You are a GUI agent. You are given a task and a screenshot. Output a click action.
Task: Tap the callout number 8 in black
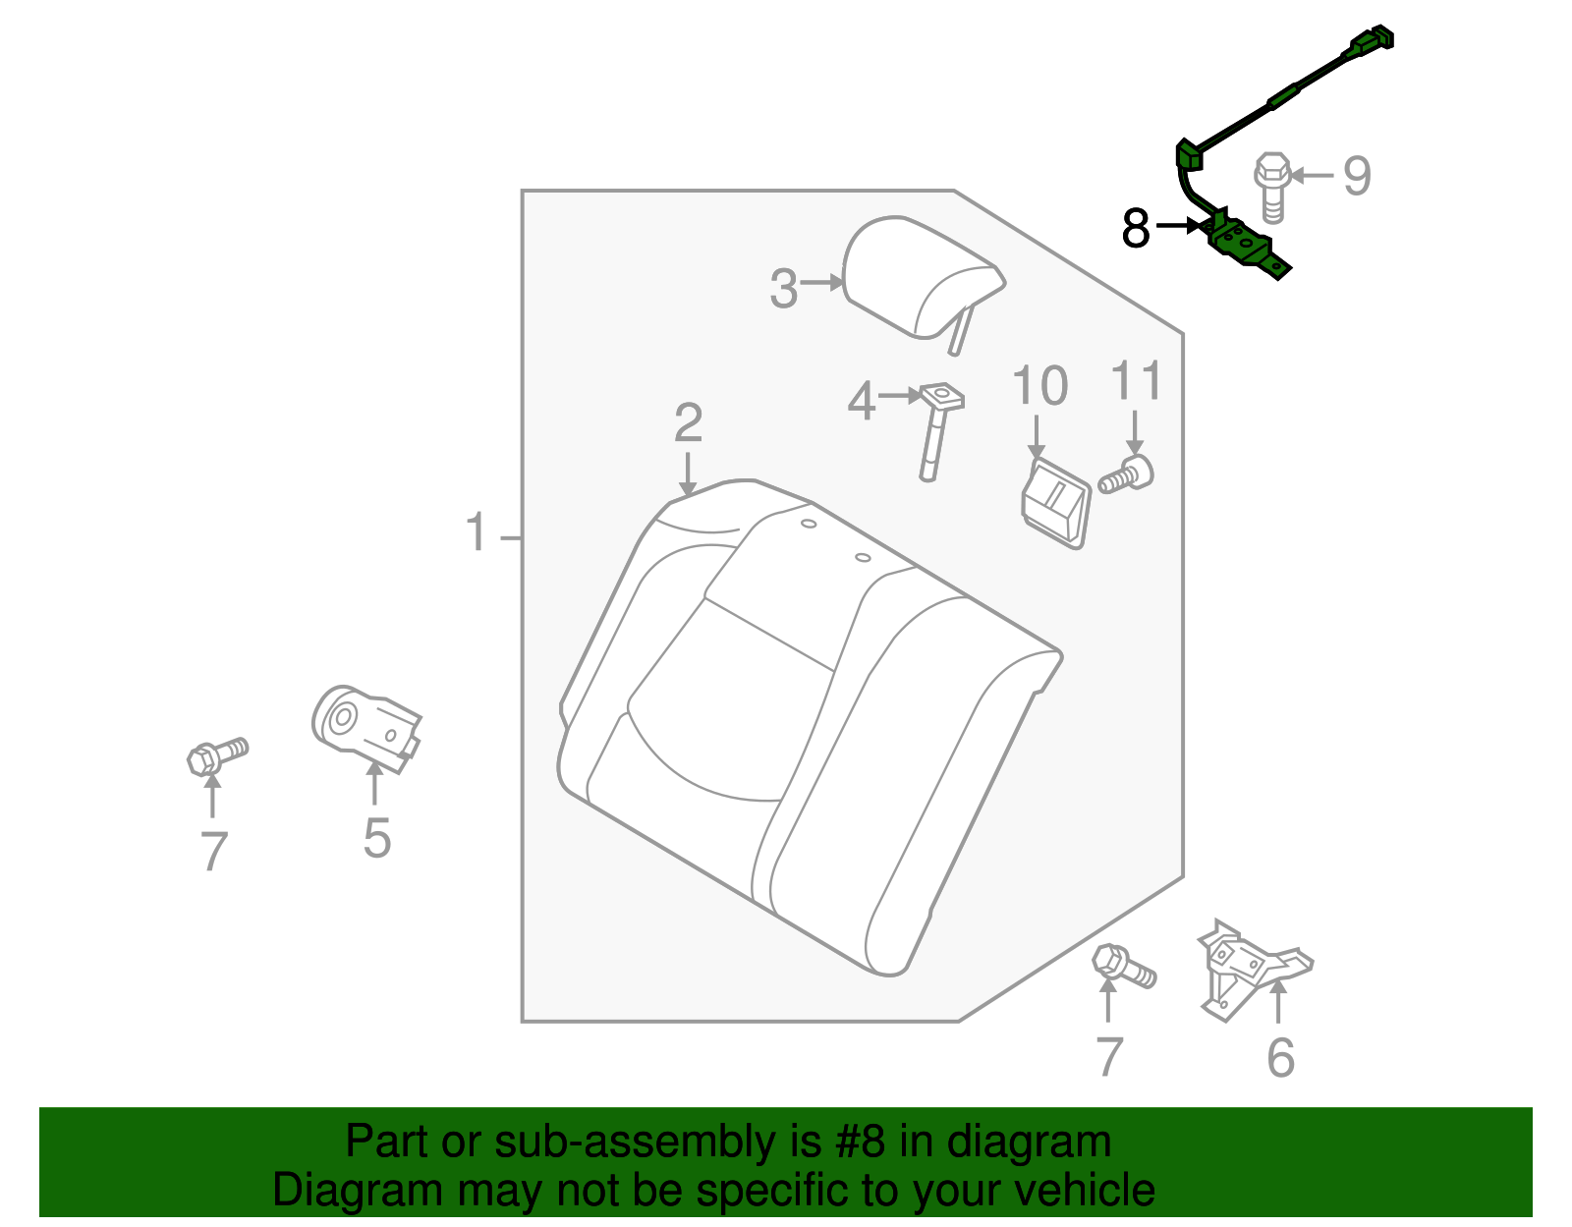point(1136,229)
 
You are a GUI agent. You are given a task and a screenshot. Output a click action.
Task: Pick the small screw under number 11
point(1126,476)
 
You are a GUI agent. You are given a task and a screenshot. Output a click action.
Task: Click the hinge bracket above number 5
point(365,728)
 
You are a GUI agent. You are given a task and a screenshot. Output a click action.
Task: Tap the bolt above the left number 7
point(217,755)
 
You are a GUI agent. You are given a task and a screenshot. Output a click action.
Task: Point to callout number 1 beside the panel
point(477,532)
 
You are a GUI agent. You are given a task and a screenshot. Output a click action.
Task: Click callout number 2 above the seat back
point(688,422)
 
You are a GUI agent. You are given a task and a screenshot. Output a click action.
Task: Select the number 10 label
point(1039,386)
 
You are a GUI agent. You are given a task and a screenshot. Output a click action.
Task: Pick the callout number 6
point(1280,1058)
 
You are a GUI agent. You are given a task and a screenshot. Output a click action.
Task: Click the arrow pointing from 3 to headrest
point(822,283)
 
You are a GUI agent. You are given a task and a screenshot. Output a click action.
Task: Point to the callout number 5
point(376,838)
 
